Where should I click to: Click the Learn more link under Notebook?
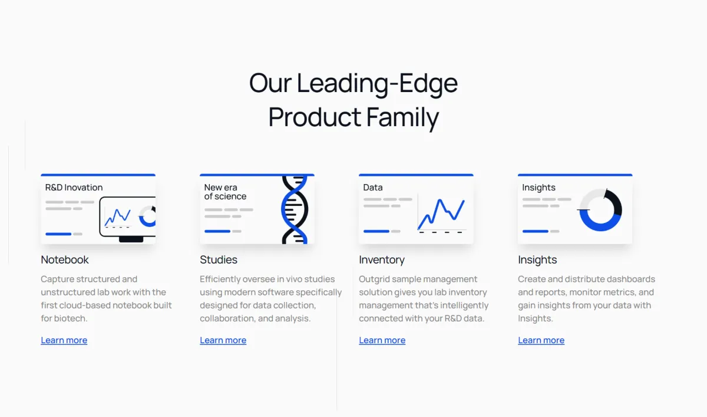[x=64, y=340]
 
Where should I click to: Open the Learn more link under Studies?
[x=223, y=340]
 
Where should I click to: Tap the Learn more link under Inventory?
[x=382, y=340]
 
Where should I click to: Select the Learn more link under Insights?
[x=541, y=340]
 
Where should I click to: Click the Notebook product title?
[x=65, y=260]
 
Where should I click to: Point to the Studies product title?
[x=219, y=260]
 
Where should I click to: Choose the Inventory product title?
[x=382, y=260]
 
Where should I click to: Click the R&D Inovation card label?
[x=74, y=188]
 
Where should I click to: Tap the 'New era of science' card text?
[x=225, y=192]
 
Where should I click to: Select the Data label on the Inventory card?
[x=373, y=188]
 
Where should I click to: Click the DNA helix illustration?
[x=295, y=210]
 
